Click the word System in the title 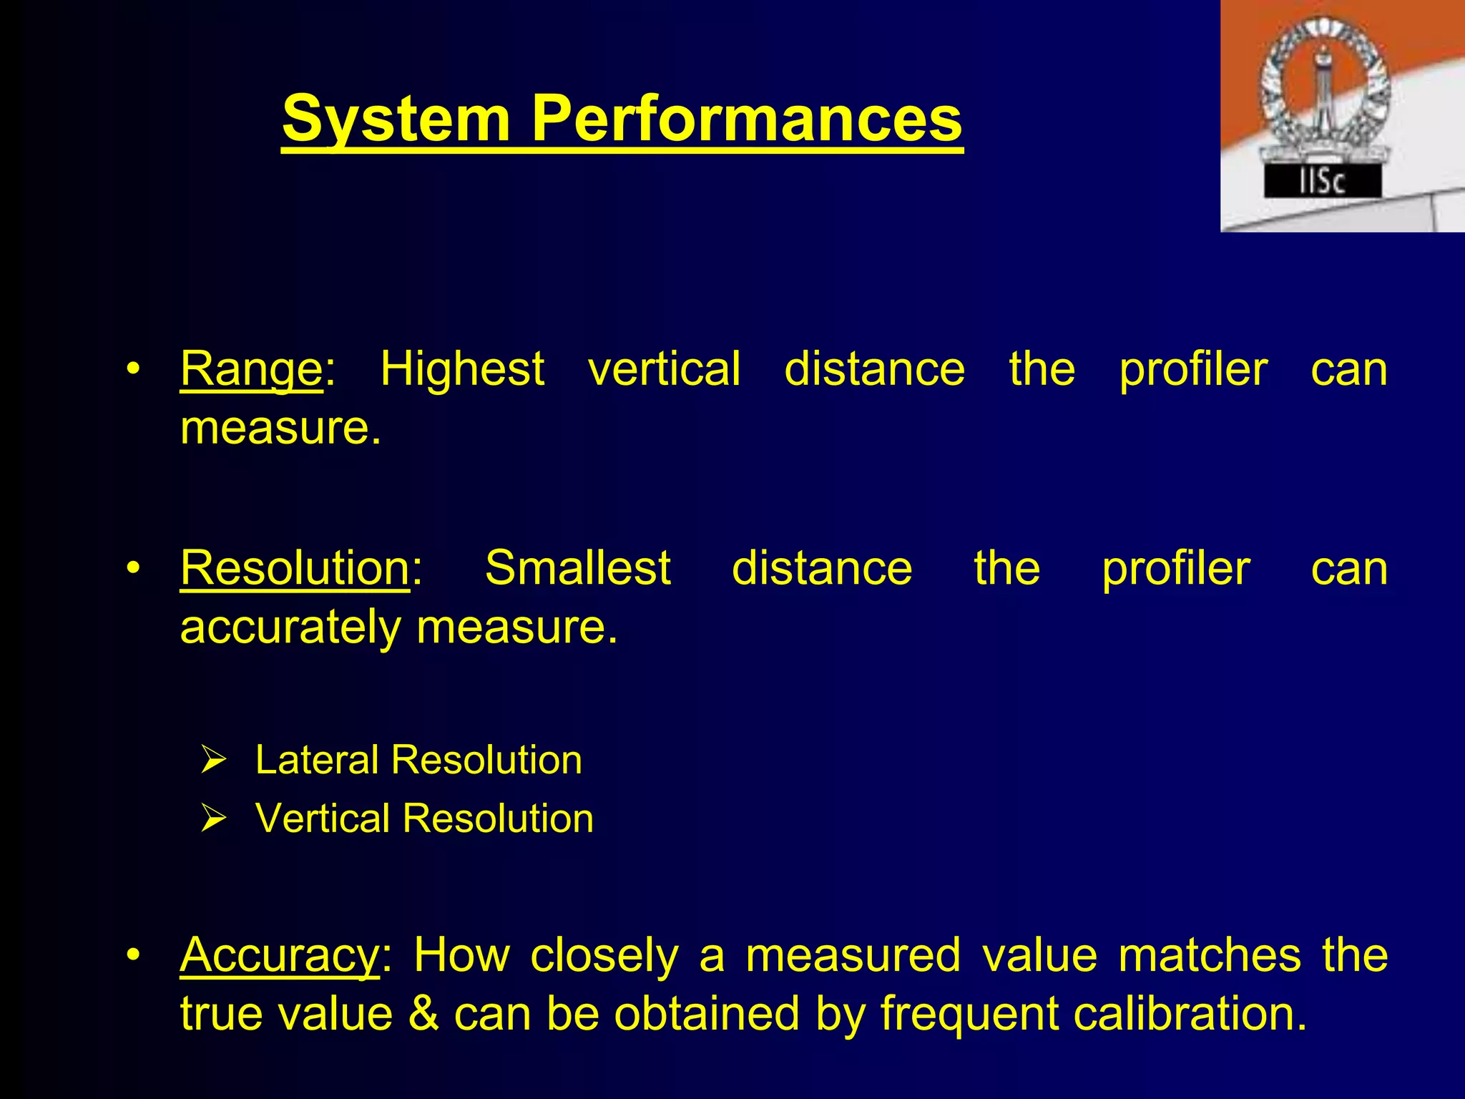[396, 119]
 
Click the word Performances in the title [747, 119]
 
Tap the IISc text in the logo [1322, 182]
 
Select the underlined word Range [251, 370]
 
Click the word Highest [462, 370]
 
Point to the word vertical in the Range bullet [664, 370]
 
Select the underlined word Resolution [295, 569]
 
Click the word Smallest [578, 569]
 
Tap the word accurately [290, 627]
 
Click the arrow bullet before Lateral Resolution [213, 759]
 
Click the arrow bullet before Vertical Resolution [213, 818]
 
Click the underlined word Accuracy [280, 956]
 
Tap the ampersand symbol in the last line [423, 1015]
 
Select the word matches [1209, 956]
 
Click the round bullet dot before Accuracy [132, 956]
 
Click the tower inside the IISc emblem [1323, 93]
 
